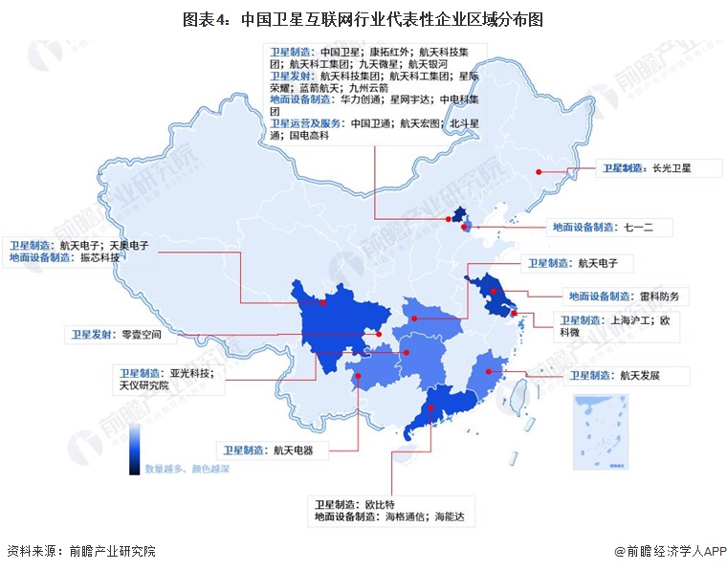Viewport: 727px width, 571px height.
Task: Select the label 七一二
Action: [648, 228]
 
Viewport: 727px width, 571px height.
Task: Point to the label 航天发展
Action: [640, 375]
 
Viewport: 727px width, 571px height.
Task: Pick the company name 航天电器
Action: [293, 449]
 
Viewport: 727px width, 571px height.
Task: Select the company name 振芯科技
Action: [100, 257]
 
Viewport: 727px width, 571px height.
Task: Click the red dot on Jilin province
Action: [540, 172]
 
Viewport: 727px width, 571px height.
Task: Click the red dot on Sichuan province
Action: [323, 302]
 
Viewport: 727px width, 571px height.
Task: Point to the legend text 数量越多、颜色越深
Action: [187, 470]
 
